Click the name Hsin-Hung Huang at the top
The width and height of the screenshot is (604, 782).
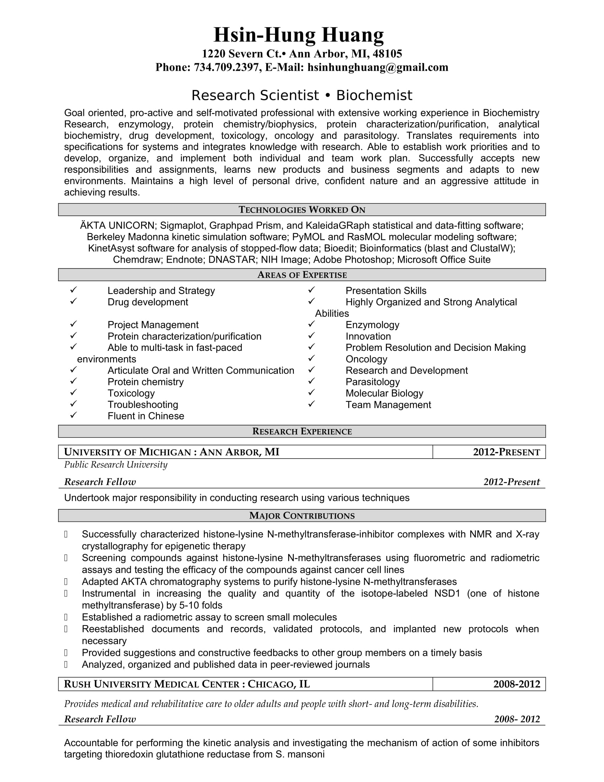pyautogui.click(x=298, y=35)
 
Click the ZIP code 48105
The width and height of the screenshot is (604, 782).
pyautogui.click(x=387, y=54)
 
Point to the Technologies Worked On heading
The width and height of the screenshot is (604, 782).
pyautogui.click(x=302, y=210)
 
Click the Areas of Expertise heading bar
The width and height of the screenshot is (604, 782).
pyautogui.click(x=302, y=275)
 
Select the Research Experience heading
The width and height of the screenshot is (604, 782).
pyautogui.click(x=302, y=432)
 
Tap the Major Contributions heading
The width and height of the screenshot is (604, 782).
pyautogui.click(x=302, y=516)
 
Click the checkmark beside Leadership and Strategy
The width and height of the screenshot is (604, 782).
pyautogui.click(x=74, y=290)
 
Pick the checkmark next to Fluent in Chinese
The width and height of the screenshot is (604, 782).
pyautogui.click(x=74, y=415)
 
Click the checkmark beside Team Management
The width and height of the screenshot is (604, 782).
pyautogui.click(x=312, y=404)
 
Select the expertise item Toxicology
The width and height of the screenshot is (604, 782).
pyautogui.click(x=131, y=393)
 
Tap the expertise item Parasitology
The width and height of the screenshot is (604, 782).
pyautogui.click(x=372, y=382)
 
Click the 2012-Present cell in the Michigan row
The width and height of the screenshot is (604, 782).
pyautogui.click(x=506, y=452)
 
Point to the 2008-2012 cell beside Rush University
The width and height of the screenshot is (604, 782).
pyautogui.click(x=516, y=684)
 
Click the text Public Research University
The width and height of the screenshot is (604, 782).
pyautogui.click(x=115, y=465)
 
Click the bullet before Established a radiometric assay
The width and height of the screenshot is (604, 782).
pyautogui.click(x=66, y=617)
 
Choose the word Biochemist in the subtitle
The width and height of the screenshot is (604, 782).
pyautogui.click(x=374, y=96)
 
